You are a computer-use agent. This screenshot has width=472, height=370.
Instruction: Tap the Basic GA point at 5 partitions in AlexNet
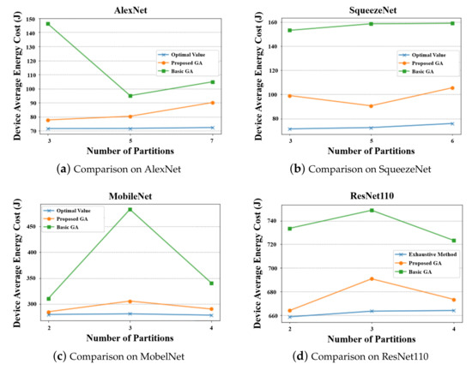(130, 96)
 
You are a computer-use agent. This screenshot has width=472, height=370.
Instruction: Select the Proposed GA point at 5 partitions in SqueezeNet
(372, 106)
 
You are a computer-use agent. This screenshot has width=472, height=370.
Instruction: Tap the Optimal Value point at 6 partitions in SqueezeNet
(452, 123)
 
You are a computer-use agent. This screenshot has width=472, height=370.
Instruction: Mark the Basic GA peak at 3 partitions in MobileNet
(130, 209)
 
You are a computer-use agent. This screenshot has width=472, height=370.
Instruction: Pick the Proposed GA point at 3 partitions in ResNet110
(372, 278)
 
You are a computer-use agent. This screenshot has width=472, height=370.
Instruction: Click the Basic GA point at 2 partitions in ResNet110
(290, 228)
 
